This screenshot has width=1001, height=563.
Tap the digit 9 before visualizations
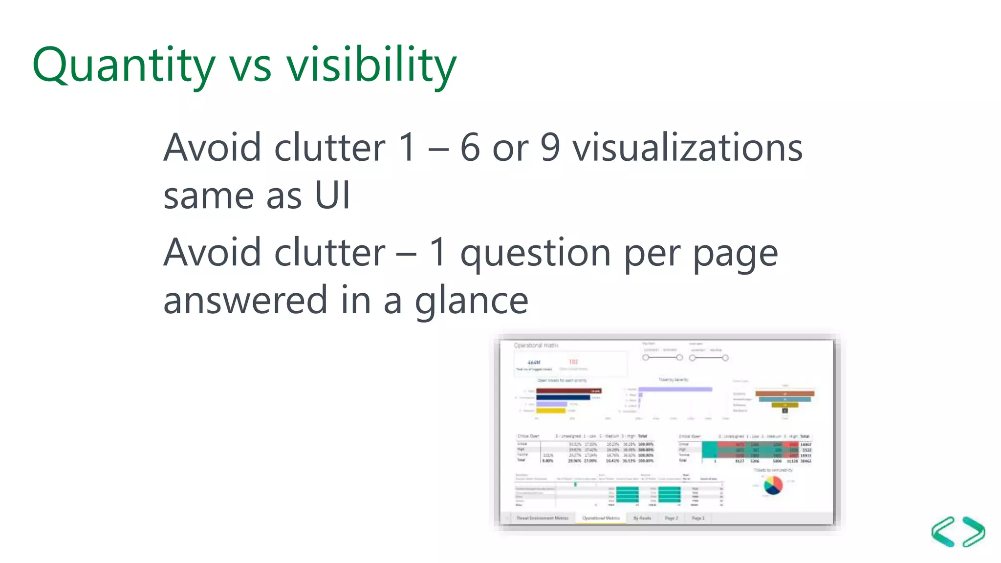click(550, 148)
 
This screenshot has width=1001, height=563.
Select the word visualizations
click(687, 148)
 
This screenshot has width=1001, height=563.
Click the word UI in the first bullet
click(332, 195)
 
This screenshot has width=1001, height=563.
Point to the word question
click(536, 254)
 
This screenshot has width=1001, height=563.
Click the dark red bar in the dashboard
click(568, 391)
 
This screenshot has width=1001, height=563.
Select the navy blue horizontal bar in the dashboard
click(563, 397)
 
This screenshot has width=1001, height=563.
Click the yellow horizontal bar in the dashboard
click(551, 411)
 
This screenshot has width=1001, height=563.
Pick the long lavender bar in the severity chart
click(675, 390)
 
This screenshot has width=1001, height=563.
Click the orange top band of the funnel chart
click(784, 393)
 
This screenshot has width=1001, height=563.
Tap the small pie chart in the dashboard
click(773, 485)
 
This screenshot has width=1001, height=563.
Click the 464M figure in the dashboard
click(534, 363)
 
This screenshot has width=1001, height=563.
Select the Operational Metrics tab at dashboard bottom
click(601, 518)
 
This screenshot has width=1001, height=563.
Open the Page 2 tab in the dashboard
click(671, 518)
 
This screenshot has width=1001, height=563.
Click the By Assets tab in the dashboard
click(642, 518)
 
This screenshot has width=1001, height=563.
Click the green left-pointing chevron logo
click(943, 532)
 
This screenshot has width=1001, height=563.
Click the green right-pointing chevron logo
click(974, 532)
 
